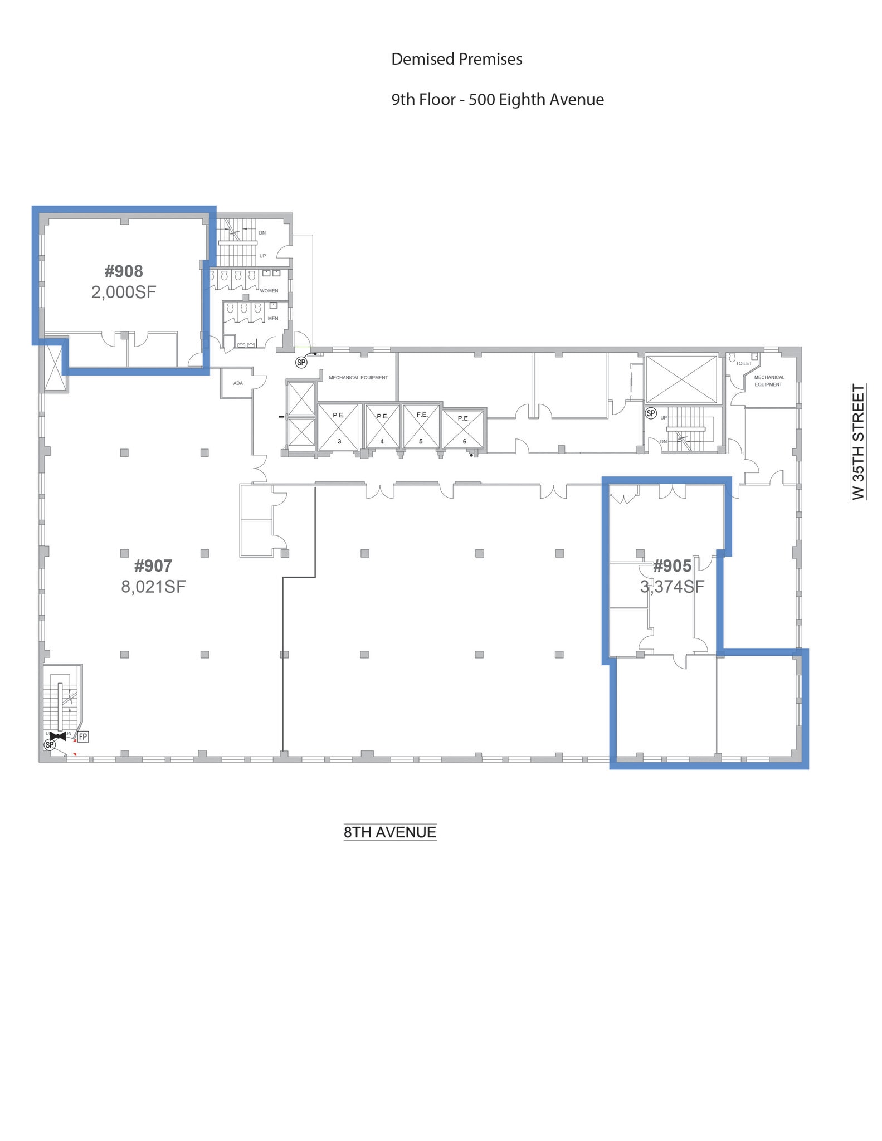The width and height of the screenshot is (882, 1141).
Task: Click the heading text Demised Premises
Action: [456, 59]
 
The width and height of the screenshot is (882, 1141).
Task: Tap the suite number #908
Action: [124, 271]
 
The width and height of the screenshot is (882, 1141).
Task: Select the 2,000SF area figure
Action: [124, 292]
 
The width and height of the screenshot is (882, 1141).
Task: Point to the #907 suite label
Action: [153, 566]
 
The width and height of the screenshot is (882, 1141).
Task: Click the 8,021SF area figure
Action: [153, 587]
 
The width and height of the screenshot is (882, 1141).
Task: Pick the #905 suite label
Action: [672, 566]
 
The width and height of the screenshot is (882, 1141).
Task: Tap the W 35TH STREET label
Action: [859, 442]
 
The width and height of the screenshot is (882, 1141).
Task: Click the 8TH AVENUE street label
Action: [390, 832]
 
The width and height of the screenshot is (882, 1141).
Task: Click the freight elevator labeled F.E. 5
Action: [421, 427]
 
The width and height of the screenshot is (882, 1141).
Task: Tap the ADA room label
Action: [238, 383]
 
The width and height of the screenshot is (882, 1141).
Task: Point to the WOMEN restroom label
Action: [269, 291]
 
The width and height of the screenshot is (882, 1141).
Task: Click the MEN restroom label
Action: [273, 319]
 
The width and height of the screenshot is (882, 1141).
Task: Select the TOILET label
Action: [744, 364]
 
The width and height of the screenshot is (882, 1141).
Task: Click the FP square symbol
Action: [82, 737]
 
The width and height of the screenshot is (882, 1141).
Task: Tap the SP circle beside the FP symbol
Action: [50, 745]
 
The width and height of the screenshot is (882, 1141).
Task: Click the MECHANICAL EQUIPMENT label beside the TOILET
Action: [769, 381]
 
